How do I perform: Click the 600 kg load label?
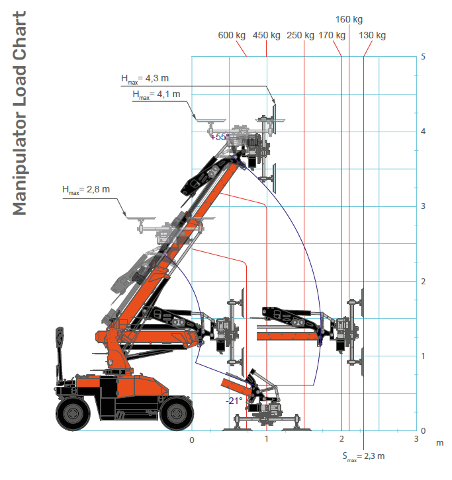pos(232,35)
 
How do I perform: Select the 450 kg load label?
pos(266,35)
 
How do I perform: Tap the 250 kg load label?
pos(300,35)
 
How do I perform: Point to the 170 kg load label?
pos(332,35)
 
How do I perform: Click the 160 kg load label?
pos(349,19)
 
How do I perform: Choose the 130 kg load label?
pos(372,35)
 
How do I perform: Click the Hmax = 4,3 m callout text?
pos(145,79)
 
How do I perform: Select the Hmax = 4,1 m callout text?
pos(156,95)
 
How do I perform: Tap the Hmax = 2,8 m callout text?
pos(86,190)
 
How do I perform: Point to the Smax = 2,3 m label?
pos(363,457)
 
